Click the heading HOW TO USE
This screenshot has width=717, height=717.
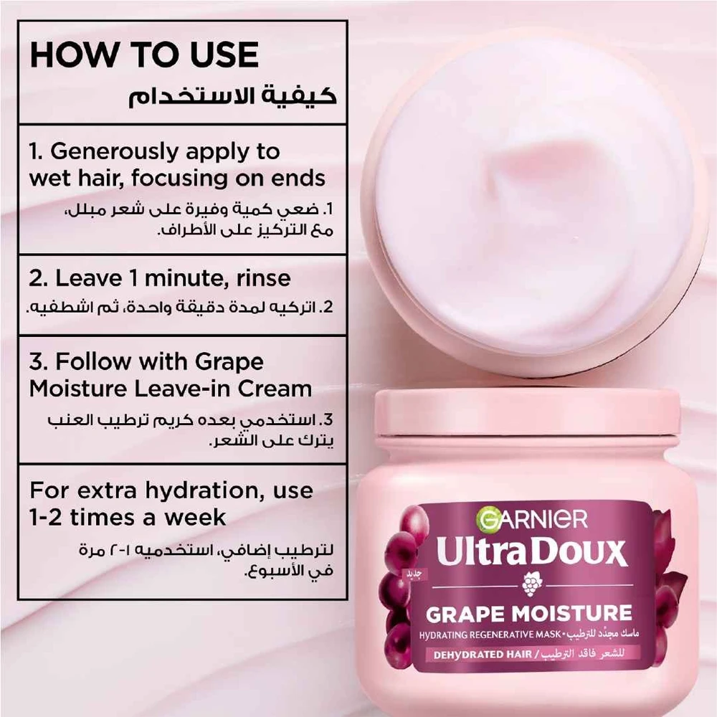[x=144, y=55]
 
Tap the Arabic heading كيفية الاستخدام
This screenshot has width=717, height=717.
[x=232, y=97]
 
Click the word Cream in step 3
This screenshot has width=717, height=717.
[x=275, y=389]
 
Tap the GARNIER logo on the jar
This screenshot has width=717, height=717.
[x=531, y=519]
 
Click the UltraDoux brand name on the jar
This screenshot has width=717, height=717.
[x=531, y=551]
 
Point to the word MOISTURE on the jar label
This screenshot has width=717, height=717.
[x=571, y=614]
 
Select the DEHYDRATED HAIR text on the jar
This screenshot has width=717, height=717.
[x=483, y=655]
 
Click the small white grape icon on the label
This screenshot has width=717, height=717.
[x=531, y=585]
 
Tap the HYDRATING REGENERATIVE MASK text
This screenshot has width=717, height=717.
[x=490, y=635]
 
